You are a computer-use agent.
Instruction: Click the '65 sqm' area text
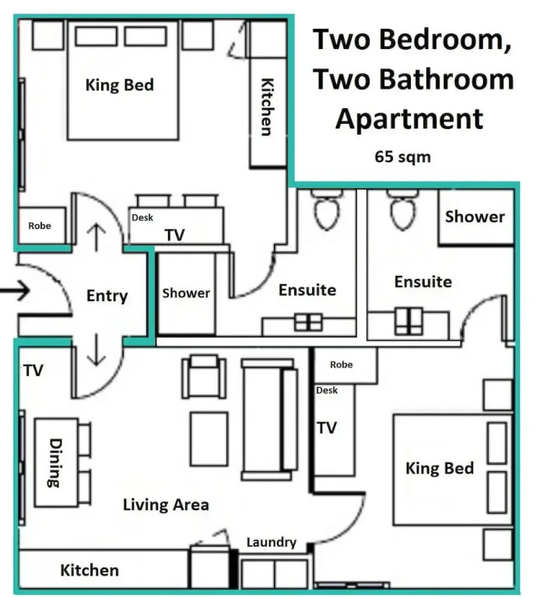tap(402, 157)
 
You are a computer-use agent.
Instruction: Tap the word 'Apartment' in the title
tap(409, 118)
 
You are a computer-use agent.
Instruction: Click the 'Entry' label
tap(107, 296)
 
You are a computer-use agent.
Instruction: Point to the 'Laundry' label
tap(272, 542)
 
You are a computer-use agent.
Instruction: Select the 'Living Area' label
tap(166, 505)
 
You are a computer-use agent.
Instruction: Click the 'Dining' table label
tap(54, 463)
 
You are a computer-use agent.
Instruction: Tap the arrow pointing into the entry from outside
tap(15, 290)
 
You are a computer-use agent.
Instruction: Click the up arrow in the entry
tap(96, 237)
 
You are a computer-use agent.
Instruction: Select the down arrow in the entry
tap(96, 350)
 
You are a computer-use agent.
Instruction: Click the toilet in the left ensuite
tap(327, 209)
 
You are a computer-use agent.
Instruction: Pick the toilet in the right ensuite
tap(402, 209)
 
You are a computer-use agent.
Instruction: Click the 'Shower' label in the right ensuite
tap(475, 216)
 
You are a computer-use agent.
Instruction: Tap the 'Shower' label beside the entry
tap(186, 293)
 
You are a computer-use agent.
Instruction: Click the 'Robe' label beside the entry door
tap(40, 226)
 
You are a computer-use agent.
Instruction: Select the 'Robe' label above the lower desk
tap(341, 364)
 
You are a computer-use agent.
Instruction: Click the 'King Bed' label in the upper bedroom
tap(120, 85)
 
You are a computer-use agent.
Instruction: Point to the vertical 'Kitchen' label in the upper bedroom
tap(267, 107)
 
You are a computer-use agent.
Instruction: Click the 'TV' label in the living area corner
tap(33, 371)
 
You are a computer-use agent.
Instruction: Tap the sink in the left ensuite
tap(308, 322)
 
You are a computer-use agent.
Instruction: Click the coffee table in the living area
tap(209, 439)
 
